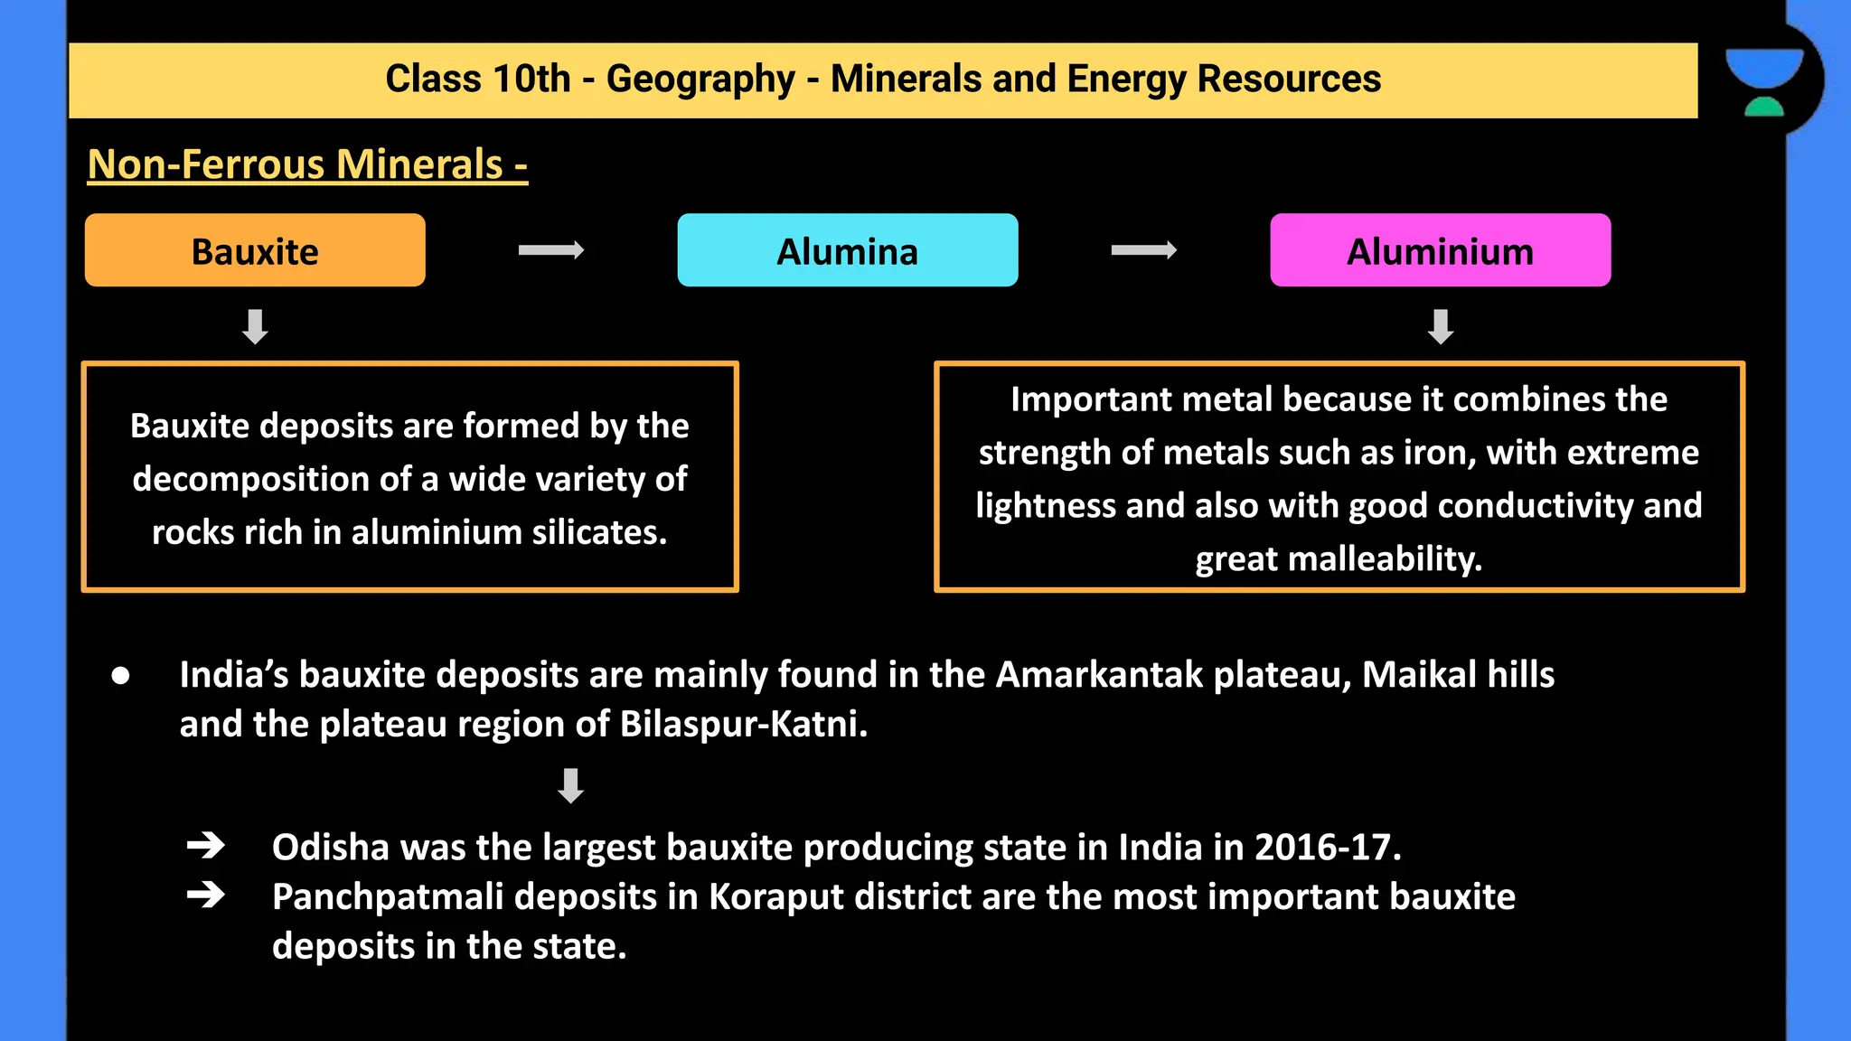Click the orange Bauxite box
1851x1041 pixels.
255,250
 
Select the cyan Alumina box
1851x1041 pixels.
847,250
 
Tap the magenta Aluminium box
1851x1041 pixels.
1440,250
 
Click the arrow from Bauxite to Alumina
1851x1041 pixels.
551,250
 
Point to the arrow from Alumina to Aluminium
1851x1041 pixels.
1143,250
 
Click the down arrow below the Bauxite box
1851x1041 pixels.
255,326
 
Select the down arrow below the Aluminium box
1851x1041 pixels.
1440,326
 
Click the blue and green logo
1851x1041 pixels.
1763,82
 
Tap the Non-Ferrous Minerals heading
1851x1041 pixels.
307,164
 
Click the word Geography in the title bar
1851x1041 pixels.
700,80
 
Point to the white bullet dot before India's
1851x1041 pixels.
120,676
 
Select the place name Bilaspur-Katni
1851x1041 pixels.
743,725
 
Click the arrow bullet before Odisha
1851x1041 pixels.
206,846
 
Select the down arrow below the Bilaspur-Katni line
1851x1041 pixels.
570,785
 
